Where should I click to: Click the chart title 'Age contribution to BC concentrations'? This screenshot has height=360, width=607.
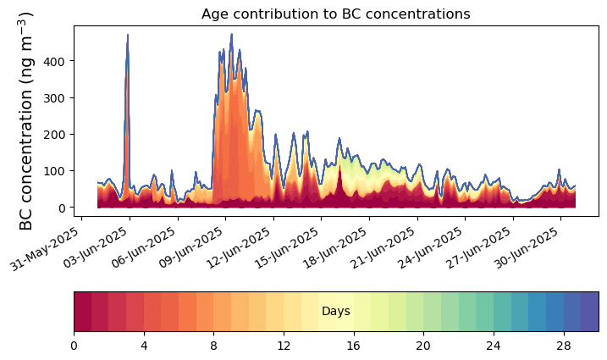[x=335, y=14]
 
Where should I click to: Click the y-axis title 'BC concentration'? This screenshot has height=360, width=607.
[x=26, y=120]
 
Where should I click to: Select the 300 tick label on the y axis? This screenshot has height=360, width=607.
[x=59, y=98]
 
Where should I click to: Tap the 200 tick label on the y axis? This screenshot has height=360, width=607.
[x=59, y=135]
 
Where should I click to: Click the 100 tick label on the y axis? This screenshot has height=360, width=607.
[x=59, y=171]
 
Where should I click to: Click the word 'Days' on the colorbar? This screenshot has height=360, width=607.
[x=336, y=312]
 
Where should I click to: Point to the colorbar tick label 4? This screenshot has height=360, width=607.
[x=144, y=346]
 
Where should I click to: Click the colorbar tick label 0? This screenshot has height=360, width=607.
[x=74, y=346]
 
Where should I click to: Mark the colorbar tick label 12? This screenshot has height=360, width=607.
[x=284, y=346]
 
